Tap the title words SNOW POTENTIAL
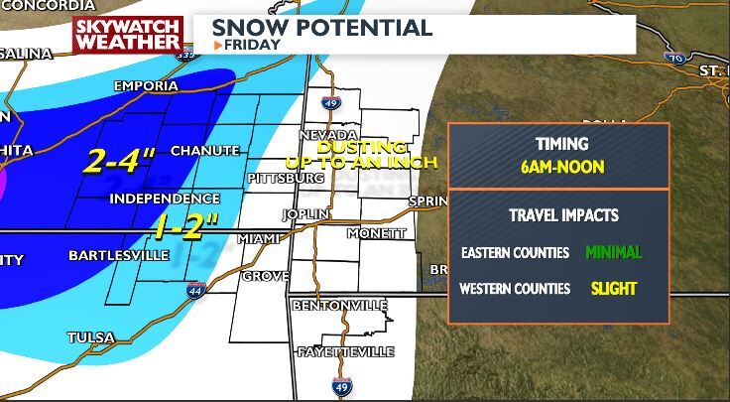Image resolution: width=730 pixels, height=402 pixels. [x=321, y=27]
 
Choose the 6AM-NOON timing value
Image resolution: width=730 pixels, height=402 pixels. [x=561, y=167]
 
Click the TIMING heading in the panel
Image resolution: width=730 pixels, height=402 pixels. [x=561, y=144]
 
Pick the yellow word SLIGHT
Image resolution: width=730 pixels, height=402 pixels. [x=614, y=289]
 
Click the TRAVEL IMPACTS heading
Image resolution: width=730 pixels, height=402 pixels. [x=563, y=214]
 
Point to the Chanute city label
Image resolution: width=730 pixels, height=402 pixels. [x=205, y=151]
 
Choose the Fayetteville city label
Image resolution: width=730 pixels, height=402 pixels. [x=345, y=352]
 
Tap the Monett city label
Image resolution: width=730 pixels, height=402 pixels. [x=376, y=233]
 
